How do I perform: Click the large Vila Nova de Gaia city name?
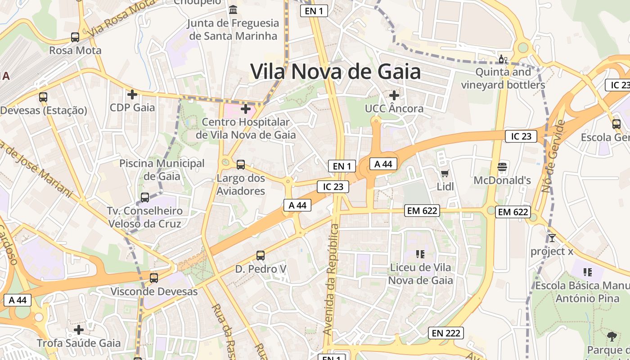click(x=335, y=72)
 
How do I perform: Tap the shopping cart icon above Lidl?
click(x=445, y=173)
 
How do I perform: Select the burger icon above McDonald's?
click(x=502, y=167)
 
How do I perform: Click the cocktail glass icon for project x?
click(x=552, y=238)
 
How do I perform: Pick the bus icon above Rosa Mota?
click(x=75, y=37)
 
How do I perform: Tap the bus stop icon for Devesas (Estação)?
click(x=43, y=97)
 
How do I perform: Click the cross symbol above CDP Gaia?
click(x=132, y=94)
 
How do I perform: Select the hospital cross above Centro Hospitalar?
click(x=246, y=108)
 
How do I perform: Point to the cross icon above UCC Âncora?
click(x=394, y=95)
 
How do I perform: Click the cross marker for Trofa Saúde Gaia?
click(x=79, y=330)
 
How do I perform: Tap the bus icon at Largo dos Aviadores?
click(x=241, y=164)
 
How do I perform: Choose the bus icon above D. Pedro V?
click(x=260, y=256)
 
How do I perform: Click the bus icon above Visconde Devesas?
click(x=154, y=278)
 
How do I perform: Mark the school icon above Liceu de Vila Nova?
click(x=420, y=254)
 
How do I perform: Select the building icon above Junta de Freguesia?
click(x=233, y=9)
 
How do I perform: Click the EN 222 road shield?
click(x=445, y=333)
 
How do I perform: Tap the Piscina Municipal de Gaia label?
click(x=162, y=170)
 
